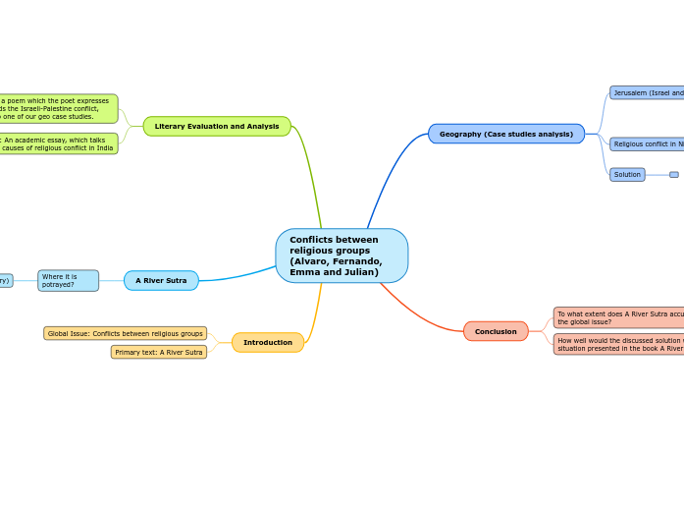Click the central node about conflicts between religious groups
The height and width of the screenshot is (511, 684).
coord(342,255)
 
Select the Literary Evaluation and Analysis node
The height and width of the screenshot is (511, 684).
coord(217,126)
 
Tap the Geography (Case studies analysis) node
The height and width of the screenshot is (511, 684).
coord(506,134)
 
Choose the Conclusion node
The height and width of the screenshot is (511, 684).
coord(496,331)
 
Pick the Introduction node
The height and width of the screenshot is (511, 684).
coord(268,342)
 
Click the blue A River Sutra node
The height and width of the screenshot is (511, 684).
coord(161,280)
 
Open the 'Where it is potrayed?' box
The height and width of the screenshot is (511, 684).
coord(68,280)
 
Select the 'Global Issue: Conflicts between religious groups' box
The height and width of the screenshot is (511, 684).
coord(125,333)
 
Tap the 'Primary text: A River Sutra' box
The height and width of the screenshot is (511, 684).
coord(159,352)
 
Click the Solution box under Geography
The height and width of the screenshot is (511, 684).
coord(627,175)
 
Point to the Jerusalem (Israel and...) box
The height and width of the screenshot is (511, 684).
coord(647,92)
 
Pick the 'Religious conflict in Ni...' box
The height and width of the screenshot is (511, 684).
coord(647,144)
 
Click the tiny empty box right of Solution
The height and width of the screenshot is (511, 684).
coord(674,175)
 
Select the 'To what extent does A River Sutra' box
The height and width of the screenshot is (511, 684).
coord(618,317)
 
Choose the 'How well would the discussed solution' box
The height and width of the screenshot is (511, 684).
coord(618,344)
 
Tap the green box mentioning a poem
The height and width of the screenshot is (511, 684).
coord(59,108)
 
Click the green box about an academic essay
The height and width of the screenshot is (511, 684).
coord(59,143)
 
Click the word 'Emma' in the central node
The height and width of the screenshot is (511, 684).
coord(302,272)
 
